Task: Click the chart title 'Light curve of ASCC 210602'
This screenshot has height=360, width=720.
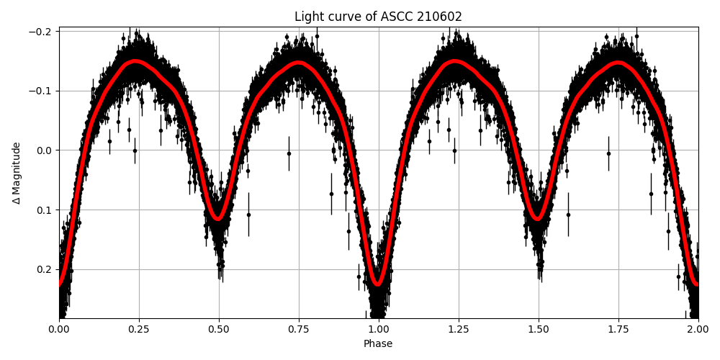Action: pos(378,17)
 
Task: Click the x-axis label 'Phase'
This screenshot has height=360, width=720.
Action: pos(378,344)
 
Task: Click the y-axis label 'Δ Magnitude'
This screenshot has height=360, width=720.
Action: pos(16,173)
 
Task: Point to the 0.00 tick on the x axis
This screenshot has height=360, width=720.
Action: pos(59,330)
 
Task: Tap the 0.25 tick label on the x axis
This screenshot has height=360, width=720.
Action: pos(139,330)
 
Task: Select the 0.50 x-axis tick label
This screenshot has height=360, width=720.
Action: pos(219,330)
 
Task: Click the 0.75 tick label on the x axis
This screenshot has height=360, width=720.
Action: pos(299,330)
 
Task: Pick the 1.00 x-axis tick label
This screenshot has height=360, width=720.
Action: pos(379,330)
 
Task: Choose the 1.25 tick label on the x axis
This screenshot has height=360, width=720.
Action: pos(459,330)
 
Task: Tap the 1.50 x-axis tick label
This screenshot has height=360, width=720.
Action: pos(539,330)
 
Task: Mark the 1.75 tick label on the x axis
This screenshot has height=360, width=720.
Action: pos(618,330)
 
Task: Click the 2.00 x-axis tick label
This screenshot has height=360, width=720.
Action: pos(698,330)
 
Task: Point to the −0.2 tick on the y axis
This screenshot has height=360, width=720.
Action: pos(42,32)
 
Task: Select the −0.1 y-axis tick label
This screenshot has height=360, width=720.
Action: pos(42,91)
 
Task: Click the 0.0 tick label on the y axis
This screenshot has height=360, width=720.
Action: pos(45,150)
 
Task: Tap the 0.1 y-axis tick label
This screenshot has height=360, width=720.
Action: pos(45,210)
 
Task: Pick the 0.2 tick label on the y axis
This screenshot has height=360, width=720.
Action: pos(45,269)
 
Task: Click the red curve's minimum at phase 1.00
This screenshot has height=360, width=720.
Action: pos(378,284)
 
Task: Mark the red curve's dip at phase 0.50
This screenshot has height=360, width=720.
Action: pos(218,218)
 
